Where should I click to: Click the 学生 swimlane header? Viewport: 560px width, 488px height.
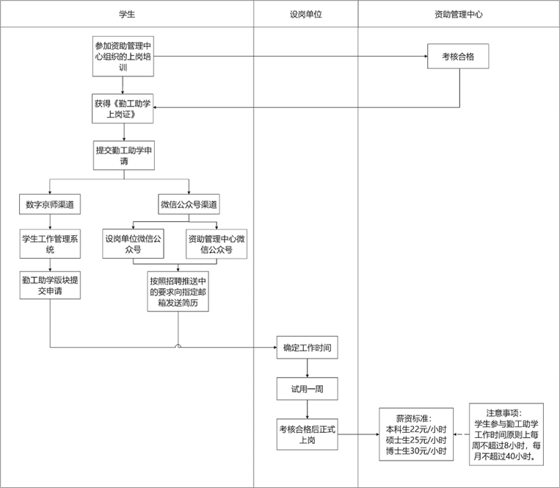tap(126, 14)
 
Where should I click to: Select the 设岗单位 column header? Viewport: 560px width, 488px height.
tap(306, 14)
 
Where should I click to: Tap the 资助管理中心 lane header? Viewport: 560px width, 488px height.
tap(459, 14)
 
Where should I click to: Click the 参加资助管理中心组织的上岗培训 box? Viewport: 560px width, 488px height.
tap(124, 56)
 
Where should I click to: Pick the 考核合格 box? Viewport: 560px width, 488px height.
tap(458, 56)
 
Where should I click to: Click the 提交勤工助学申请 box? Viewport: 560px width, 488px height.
tap(124, 155)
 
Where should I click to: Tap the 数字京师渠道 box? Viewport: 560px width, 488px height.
tap(49, 204)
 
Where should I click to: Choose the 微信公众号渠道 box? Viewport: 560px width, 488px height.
tap(189, 204)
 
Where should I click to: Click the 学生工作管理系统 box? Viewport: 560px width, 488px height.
tap(49, 244)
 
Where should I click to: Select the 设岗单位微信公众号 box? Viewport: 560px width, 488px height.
tap(133, 244)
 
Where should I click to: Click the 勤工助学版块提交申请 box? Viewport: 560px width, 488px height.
tap(49, 285)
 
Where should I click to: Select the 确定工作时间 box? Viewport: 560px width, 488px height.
tap(307, 348)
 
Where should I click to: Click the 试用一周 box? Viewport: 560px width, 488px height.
tap(307, 388)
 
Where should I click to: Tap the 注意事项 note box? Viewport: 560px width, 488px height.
tap(506, 434)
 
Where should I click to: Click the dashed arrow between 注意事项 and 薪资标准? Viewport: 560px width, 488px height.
tap(461, 434)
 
